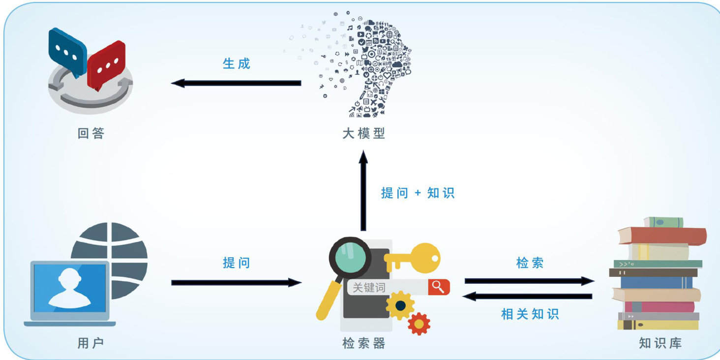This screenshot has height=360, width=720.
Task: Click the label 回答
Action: coord(91,133)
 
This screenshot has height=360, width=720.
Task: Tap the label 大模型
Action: coord(363,133)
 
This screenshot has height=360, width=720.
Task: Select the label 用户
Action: coord(90,343)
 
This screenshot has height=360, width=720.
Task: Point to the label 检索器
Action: coord(363,343)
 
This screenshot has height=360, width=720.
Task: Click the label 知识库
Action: coord(660,343)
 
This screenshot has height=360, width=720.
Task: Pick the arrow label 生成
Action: coord(237,63)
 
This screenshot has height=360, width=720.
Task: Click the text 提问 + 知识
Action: coord(418,193)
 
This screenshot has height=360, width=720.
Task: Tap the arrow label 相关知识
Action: coord(530,314)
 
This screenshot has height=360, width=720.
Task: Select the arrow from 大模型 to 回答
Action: coord(236,83)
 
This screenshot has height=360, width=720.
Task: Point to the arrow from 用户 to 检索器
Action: coord(236,282)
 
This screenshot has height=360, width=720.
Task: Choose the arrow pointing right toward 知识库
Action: coord(529,281)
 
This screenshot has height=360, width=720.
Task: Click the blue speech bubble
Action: coord(67,51)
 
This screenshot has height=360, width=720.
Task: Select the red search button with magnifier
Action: coord(439,287)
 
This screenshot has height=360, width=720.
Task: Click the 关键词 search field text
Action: coord(369,288)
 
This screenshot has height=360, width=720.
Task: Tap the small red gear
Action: coord(419,324)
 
